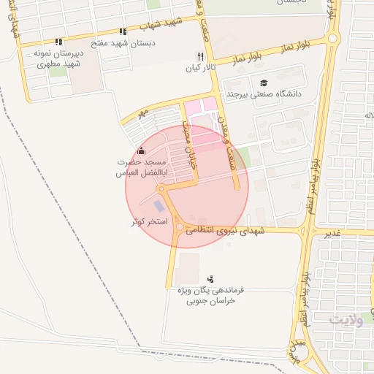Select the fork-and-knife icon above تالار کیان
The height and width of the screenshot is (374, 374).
(199, 56)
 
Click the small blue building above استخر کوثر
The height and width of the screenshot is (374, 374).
(159, 206)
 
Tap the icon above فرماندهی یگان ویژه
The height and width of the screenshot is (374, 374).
(211, 278)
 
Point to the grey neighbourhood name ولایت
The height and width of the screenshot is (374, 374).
(346, 320)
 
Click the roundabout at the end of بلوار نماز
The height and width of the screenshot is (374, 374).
(333, 38)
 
